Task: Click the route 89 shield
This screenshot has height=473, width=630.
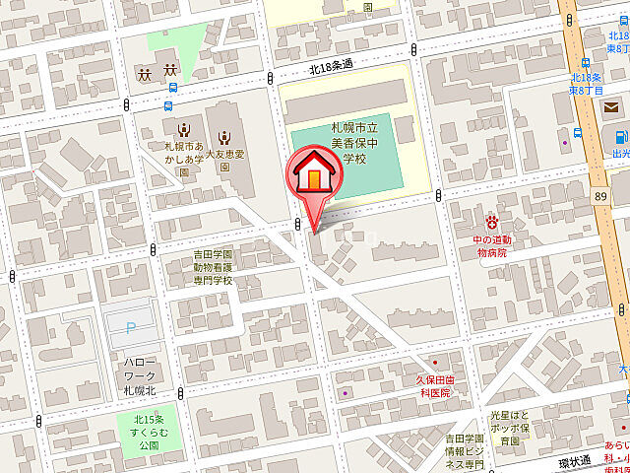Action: click(600, 197)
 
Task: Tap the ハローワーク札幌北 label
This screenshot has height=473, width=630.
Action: click(141, 372)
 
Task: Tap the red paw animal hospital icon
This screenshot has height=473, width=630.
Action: click(491, 216)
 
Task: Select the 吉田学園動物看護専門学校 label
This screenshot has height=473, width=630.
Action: click(213, 267)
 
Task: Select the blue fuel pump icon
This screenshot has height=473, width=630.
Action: click(611, 136)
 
